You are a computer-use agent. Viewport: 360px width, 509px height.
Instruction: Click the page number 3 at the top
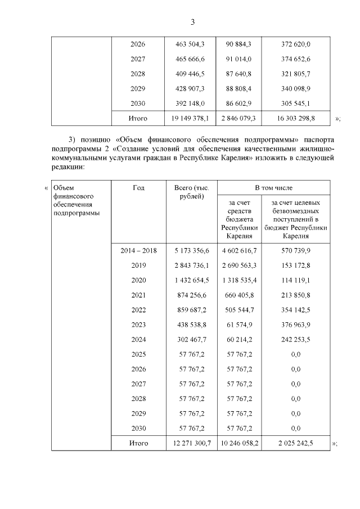coord(192,22)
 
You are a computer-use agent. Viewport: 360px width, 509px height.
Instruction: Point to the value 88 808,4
coord(242,89)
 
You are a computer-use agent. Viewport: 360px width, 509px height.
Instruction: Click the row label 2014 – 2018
coord(138,250)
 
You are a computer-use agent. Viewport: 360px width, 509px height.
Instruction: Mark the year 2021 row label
coord(138,295)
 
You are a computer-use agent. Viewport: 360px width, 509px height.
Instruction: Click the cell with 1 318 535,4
coord(242,280)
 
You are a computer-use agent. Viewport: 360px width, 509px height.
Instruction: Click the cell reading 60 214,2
coord(242,339)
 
